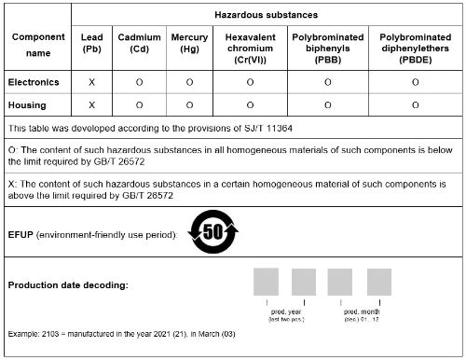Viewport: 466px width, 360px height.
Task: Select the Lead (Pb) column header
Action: (91, 43)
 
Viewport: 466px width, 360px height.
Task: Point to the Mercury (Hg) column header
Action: (189, 43)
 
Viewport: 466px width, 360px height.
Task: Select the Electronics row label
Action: (34, 82)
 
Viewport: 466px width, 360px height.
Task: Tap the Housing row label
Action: (27, 104)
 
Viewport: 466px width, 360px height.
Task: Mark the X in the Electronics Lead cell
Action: (91, 82)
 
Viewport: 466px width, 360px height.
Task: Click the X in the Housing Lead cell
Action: (91, 104)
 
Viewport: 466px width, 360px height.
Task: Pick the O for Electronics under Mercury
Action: (189, 82)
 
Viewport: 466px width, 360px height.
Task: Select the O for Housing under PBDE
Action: (414, 104)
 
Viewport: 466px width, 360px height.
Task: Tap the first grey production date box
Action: (266, 283)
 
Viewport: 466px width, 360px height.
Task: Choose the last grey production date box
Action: (378, 283)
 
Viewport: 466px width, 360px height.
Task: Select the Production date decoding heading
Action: (67, 284)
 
